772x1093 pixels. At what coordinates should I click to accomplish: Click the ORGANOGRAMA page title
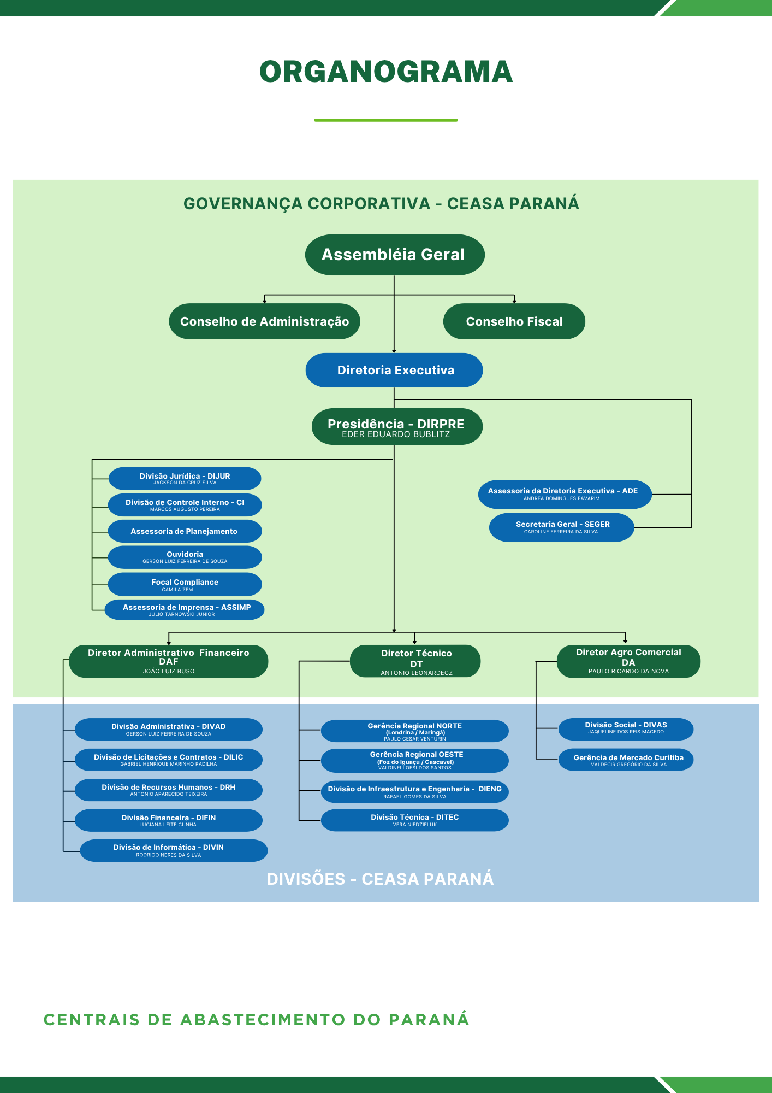(386, 72)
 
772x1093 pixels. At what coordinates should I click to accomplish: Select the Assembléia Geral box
(394, 255)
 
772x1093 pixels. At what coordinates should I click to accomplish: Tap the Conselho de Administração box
(264, 321)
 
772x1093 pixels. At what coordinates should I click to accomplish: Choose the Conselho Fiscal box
(514, 321)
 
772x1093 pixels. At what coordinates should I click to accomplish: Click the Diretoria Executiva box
(394, 370)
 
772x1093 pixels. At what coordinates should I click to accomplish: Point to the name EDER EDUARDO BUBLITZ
(396, 435)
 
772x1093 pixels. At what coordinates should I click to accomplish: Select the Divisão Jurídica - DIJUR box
(185, 478)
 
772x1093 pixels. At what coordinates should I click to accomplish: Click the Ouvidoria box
(185, 557)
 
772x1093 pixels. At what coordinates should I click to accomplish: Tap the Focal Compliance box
(185, 584)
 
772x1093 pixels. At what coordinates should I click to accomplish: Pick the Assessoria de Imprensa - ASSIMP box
(185, 609)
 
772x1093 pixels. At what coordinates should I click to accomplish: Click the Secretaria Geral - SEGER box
(562, 527)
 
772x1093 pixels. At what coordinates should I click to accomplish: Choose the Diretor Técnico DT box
(415, 661)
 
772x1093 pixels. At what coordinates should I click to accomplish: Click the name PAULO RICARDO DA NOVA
(628, 671)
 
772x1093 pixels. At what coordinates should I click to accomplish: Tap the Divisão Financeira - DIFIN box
(168, 820)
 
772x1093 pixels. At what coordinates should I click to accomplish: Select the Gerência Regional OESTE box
(415, 760)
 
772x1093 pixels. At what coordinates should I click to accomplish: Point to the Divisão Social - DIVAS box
(626, 728)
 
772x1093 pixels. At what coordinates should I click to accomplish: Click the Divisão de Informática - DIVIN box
(174, 850)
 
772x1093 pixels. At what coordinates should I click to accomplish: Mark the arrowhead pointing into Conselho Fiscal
(514, 301)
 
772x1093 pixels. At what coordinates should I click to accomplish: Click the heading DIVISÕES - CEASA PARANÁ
(380, 879)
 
